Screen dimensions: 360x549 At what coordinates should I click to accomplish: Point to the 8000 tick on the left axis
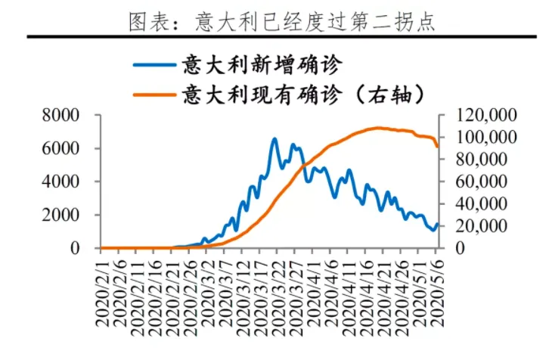[62, 115]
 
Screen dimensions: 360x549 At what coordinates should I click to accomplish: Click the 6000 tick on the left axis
[62, 148]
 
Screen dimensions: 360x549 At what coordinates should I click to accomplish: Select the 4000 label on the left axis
[62, 182]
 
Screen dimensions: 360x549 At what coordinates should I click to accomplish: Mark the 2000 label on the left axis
[62, 215]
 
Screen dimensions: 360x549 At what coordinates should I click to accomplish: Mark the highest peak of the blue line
[274, 139]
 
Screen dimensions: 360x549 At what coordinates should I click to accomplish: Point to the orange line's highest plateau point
[378, 128]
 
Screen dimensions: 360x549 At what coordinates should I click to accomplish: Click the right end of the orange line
[438, 146]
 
